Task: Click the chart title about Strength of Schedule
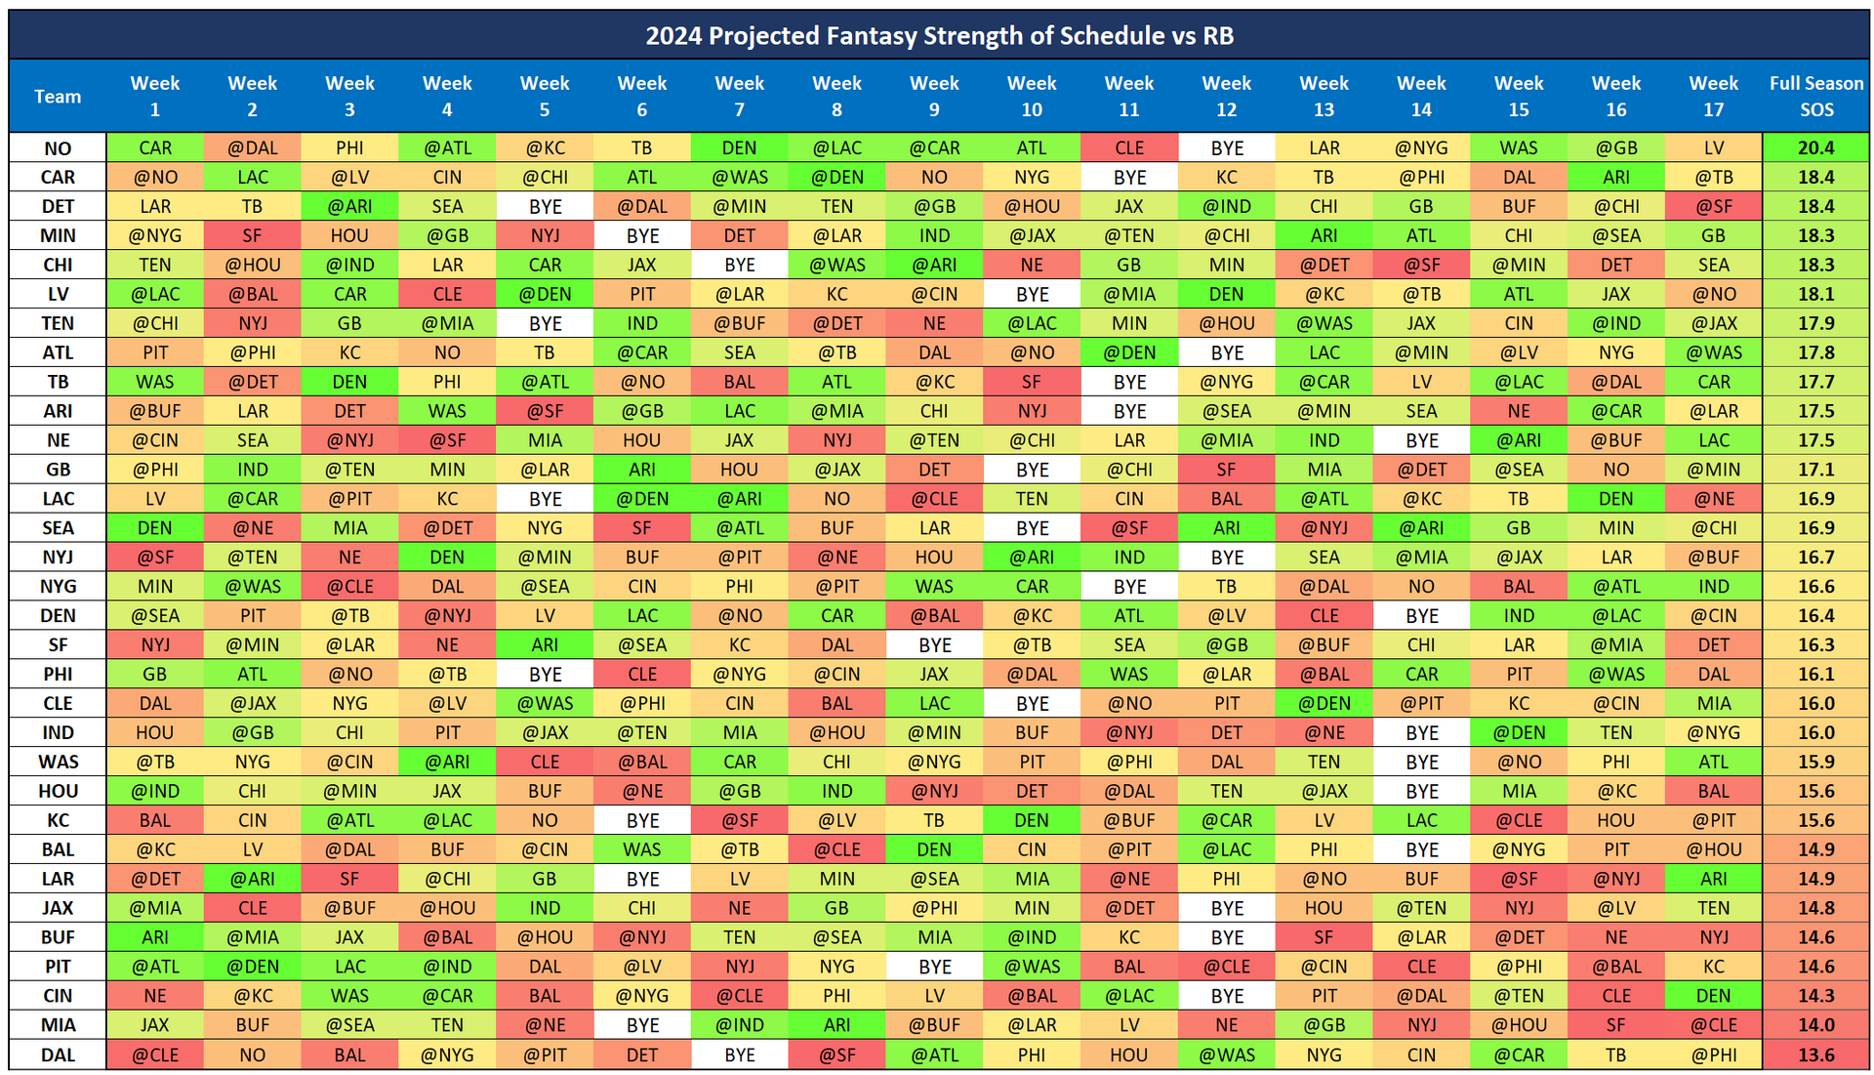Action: (939, 36)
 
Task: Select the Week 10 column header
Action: (1032, 96)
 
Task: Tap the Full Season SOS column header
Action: (1815, 96)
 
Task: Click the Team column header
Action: (58, 96)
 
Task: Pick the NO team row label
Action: (58, 148)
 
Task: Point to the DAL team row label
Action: (58, 1054)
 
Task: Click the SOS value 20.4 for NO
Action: (1815, 148)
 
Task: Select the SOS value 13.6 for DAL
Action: (1815, 1054)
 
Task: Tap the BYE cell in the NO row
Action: (1227, 148)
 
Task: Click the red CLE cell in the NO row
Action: (1129, 148)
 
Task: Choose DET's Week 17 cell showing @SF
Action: (1714, 207)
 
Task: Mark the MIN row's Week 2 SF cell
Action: (253, 236)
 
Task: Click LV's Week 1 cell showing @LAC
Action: (155, 294)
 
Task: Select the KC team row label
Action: (58, 820)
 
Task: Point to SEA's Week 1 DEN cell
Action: (155, 528)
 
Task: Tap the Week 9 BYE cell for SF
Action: (934, 645)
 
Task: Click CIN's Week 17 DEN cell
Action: (1714, 996)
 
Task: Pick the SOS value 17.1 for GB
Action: (1815, 470)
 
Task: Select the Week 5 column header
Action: (545, 96)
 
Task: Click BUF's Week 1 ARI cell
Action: (155, 937)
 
